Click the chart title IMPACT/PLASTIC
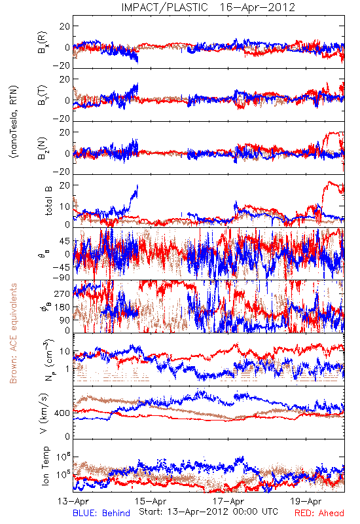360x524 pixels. coord(165,7)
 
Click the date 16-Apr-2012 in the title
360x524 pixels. coord(257,7)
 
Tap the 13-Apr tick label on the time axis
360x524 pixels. coord(73,501)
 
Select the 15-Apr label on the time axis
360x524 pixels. coord(151,501)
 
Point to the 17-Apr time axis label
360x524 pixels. coord(228,501)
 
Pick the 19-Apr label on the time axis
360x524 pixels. coord(306,501)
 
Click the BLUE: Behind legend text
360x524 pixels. coord(101,513)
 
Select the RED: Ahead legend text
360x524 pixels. coord(319,513)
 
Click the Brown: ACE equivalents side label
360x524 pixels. coord(13,333)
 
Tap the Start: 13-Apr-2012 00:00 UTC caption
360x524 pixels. coord(208,512)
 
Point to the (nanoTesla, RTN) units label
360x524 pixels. coord(14,121)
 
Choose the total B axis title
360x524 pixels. coord(48,201)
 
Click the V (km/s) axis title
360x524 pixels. coord(45,413)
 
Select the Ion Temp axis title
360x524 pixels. coord(45,466)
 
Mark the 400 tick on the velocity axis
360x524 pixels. coord(62,413)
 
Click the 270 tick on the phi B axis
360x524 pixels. coord(62,293)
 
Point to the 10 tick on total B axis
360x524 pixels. coord(65,206)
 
